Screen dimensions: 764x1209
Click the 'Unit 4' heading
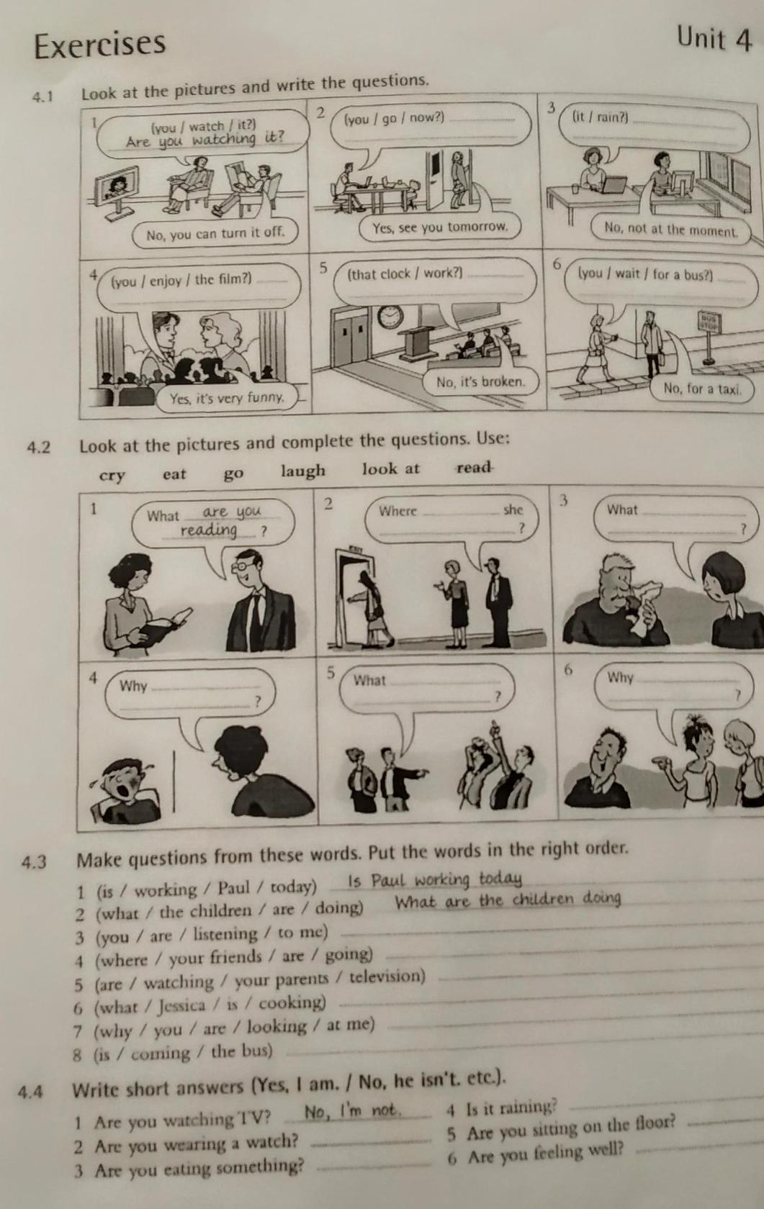click(714, 40)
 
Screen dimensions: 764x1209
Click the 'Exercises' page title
click(100, 45)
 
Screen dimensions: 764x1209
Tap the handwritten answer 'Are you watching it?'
click(205, 140)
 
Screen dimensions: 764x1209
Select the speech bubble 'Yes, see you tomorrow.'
click(441, 227)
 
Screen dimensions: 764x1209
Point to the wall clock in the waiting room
click(390, 317)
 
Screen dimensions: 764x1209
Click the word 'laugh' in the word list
click(303, 471)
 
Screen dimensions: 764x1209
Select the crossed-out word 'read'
click(474, 467)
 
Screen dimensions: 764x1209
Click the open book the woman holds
click(163, 626)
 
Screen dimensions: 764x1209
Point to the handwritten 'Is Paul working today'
click(435, 879)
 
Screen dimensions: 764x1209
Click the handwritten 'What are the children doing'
click(508, 900)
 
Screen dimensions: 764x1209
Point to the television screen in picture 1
click(115, 185)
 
